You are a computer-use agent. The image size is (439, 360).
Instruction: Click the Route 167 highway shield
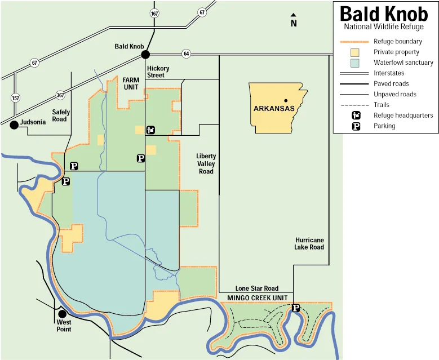pyautogui.click(x=153, y=12)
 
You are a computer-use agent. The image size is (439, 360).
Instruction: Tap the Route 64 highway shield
pyautogui.click(x=187, y=54)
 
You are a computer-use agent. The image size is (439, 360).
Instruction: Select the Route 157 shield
pyautogui.click(x=15, y=98)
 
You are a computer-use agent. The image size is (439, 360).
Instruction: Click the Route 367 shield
pyautogui.click(x=60, y=95)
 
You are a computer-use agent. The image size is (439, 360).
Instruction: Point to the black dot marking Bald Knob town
pyautogui.click(x=145, y=55)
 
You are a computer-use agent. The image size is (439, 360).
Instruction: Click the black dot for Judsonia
pyautogui.click(x=14, y=125)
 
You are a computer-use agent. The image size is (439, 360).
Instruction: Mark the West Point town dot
pyautogui.click(x=63, y=314)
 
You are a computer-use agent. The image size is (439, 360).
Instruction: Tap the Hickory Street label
pyautogui.click(x=158, y=72)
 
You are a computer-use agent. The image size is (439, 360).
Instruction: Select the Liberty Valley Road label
pyautogui.click(x=206, y=163)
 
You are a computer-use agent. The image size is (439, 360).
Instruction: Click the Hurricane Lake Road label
pyautogui.click(x=309, y=243)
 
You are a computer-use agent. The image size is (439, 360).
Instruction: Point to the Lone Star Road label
pyautogui.click(x=257, y=288)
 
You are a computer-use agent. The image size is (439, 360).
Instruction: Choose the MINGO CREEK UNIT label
pyautogui.click(x=257, y=297)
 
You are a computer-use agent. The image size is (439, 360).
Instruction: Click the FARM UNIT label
pyautogui.click(x=131, y=83)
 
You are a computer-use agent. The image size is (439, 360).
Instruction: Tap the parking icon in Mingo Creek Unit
pyautogui.click(x=295, y=308)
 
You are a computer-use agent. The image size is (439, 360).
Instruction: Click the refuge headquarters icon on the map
pyautogui.click(x=150, y=130)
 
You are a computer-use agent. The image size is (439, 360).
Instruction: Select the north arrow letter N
pyautogui.click(x=294, y=24)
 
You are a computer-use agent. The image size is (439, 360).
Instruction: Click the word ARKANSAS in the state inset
pyautogui.click(x=274, y=108)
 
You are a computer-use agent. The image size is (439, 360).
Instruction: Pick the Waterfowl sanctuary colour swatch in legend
pyautogui.click(x=355, y=63)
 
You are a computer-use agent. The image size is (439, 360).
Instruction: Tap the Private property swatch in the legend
pyautogui.click(x=355, y=52)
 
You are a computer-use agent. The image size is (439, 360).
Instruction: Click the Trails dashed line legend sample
pyautogui.click(x=355, y=105)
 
